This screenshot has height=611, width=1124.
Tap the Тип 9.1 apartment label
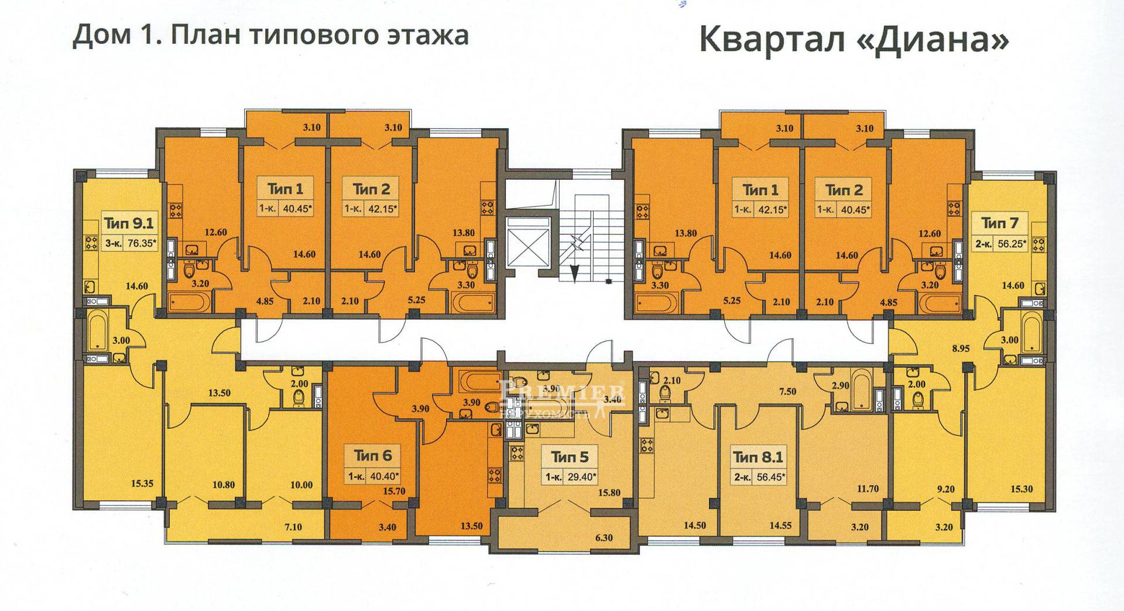click(128, 223)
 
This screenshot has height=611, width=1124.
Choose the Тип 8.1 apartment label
click(758, 455)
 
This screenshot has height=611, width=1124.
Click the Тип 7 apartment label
click(1000, 223)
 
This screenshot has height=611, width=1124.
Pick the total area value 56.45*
click(770, 477)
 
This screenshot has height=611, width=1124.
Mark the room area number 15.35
click(142, 483)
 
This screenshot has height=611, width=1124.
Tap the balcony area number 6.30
click(603, 537)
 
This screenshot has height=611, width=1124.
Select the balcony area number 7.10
click(293, 527)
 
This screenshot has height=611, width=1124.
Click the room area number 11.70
click(867, 489)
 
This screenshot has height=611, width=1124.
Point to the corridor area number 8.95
click(961, 348)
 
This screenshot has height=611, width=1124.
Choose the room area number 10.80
click(224, 484)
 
